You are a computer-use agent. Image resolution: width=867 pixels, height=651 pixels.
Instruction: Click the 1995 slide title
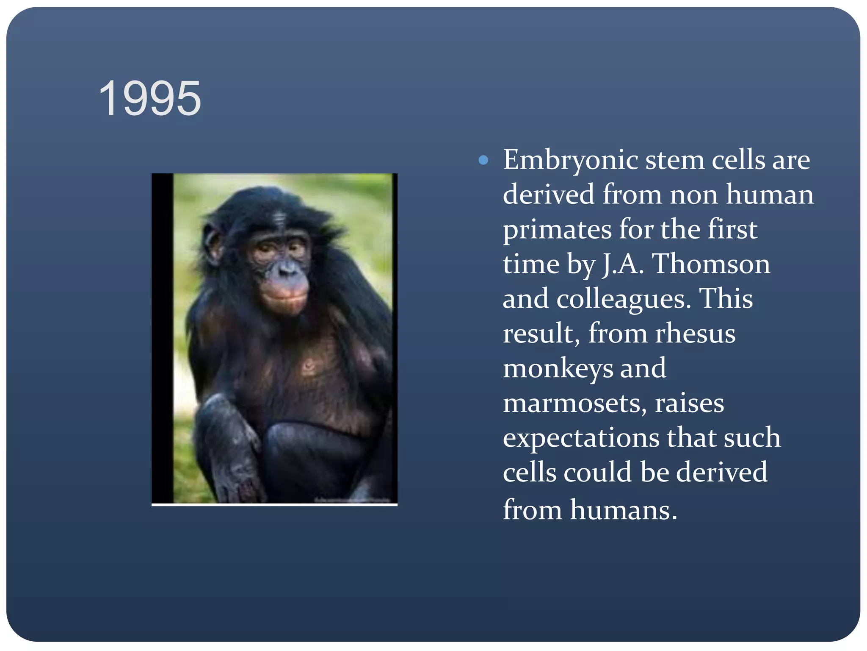[150, 99]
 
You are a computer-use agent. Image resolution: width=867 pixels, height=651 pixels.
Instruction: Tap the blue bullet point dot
[483, 160]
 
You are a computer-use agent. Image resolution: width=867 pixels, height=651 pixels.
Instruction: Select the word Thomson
[711, 264]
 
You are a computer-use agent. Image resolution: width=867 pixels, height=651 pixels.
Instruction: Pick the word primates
[557, 230]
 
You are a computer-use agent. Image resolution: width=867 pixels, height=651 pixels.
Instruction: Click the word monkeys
[558, 369]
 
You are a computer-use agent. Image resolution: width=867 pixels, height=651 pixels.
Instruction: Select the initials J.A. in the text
[623, 264]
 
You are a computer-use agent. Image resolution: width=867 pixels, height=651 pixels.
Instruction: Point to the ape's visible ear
[212, 244]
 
